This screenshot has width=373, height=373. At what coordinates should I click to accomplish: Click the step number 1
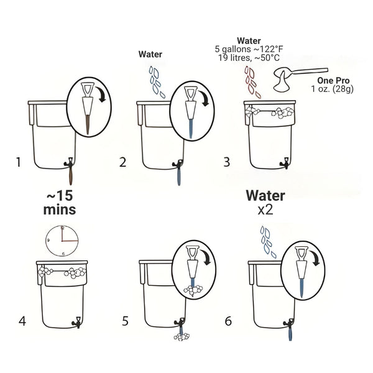(x=19, y=163)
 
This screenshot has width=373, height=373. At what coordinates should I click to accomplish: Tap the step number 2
(x=122, y=163)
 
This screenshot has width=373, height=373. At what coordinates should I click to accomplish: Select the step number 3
(x=226, y=163)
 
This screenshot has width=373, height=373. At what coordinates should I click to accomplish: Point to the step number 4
(x=22, y=321)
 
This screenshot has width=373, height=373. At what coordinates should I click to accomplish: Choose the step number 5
(x=125, y=321)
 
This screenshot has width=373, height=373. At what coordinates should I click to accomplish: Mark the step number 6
(x=228, y=321)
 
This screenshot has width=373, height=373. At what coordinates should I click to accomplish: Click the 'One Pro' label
(x=334, y=81)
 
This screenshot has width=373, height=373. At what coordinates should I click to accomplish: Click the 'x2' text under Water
(x=265, y=210)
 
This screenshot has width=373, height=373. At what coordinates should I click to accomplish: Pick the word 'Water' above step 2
(x=149, y=55)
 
